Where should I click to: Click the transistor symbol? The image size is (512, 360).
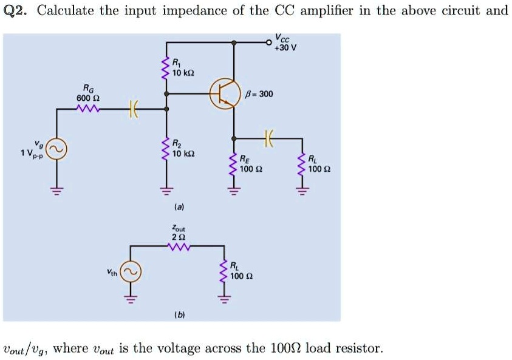222,93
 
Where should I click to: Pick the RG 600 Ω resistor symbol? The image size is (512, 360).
83,109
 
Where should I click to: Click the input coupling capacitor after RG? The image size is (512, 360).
132,109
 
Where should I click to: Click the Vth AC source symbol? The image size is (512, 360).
131,273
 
